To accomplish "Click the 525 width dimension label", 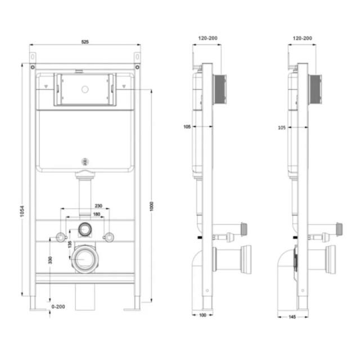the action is pos(85,42).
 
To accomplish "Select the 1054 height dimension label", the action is pos(22,211).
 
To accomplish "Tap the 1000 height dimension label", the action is pos(151,206).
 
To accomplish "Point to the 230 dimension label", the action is pos(98,206).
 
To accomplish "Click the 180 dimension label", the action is pos(97,214).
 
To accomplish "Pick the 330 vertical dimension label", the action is pos(50,260).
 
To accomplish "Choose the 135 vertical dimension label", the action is pos(70,244).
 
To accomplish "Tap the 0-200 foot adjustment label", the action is pos(58,307).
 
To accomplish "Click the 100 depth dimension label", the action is pos(202,315).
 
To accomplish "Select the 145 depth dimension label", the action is pos(292,317).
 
